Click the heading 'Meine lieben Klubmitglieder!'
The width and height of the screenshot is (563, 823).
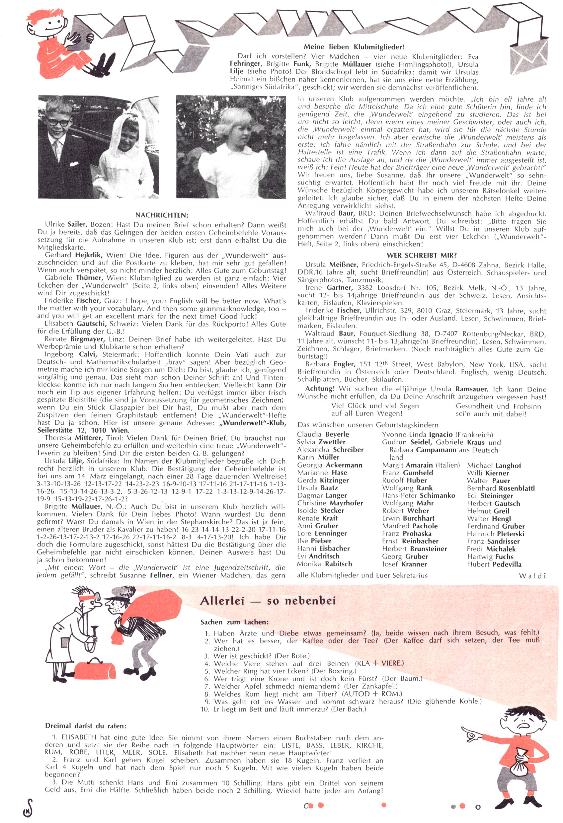pyautogui.click(x=354, y=47)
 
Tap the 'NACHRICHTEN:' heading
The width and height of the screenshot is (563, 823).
pyautogui.click(x=162, y=215)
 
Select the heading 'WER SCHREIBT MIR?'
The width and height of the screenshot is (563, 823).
pyautogui.click(x=421, y=255)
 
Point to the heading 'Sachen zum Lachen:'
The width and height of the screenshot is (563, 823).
pyautogui.click(x=234, y=622)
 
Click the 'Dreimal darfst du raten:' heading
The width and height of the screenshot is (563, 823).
pyautogui.click(x=85, y=726)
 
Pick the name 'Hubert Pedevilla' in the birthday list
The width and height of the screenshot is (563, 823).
pyautogui.click(x=494, y=564)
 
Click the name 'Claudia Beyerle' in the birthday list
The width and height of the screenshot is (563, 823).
pyautogui.click(x=323, y=434)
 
